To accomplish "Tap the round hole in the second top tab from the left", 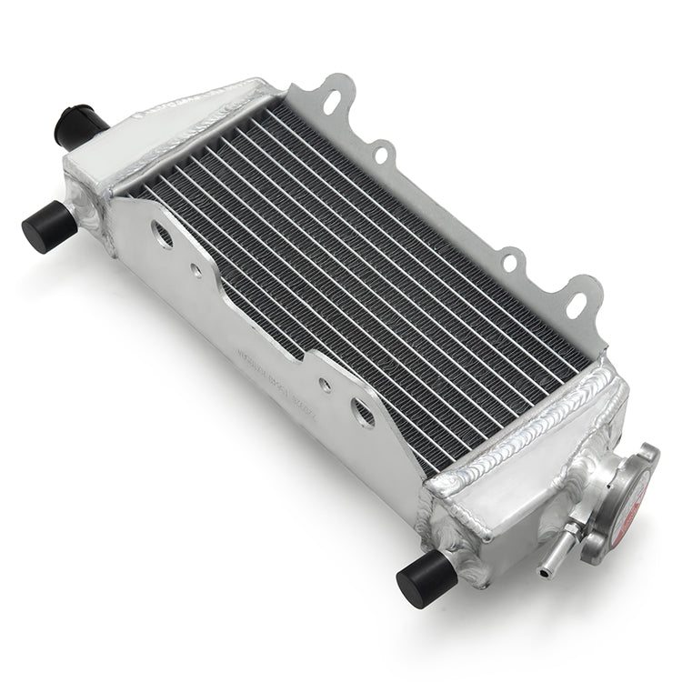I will click(x=382, y=152).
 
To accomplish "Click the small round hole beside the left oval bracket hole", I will click(x=195, y=270).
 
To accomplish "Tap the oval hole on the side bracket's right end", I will click(x=364, y=414).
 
